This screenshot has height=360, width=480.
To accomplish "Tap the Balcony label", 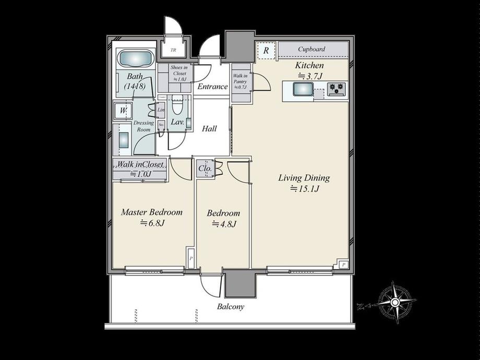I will point(230,307).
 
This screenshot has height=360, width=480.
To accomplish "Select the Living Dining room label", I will point(304,178).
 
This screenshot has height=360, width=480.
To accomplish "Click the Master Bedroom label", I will point(151,212).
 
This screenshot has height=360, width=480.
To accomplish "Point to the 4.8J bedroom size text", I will point(224,224).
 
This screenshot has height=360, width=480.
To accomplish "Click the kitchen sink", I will point(303,90).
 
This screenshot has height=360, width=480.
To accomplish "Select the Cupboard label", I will point(311,49).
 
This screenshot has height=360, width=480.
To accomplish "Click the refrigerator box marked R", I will point(266,51).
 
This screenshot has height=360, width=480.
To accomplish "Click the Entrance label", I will point(212,87).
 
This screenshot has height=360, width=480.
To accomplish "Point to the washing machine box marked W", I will point(123,111).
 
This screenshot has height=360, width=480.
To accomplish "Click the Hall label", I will point(209,128).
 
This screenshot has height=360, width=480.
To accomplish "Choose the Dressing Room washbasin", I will point(124,140).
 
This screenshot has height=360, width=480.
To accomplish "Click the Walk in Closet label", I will point(140,164).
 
